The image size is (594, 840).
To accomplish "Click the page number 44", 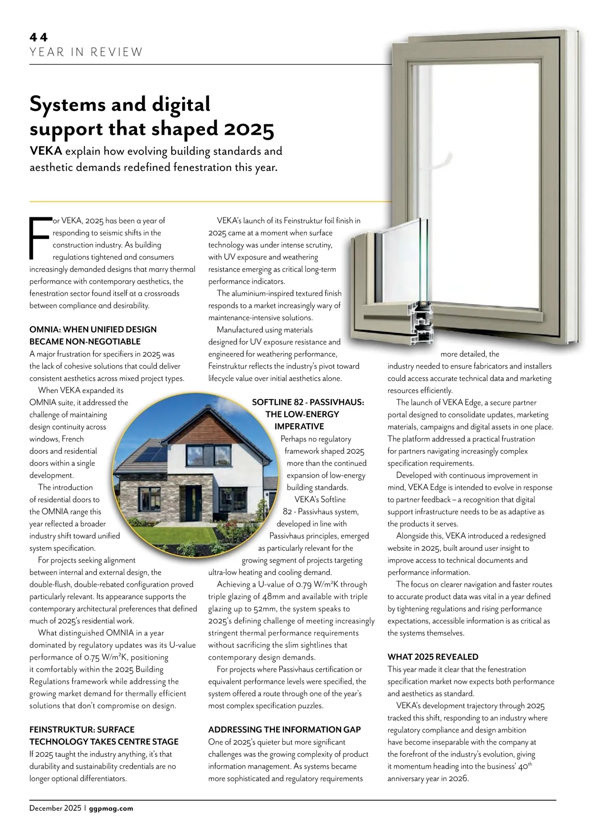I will click(38, 37).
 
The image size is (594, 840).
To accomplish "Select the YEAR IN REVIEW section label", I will click(86, 52).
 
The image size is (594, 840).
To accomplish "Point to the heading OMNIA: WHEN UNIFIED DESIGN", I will click(93, 330).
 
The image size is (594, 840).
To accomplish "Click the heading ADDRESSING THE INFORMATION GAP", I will click(285, 730).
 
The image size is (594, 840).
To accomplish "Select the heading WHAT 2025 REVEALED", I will click(433, 657).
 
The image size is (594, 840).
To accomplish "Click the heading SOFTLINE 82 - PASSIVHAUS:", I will click(308, 402).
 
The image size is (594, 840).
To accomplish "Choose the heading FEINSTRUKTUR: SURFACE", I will click(82, 730).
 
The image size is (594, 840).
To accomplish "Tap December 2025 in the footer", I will click(55, 808).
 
